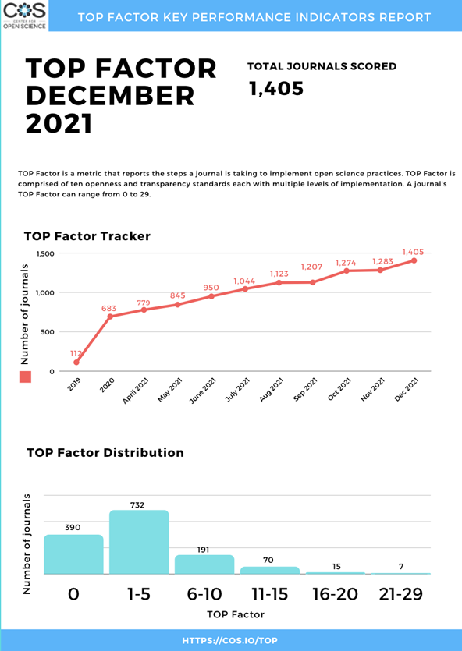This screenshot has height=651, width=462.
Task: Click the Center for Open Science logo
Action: pos(24,16)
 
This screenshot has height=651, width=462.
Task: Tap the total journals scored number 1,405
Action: pos(276,88)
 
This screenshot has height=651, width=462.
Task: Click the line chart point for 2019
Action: pos(76,363)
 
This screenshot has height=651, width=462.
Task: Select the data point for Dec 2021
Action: pos(414,260)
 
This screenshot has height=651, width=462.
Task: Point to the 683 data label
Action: pos(108,309)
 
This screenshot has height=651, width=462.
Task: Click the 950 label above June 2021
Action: pos(211,288)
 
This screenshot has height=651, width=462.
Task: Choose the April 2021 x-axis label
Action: pos(136,391)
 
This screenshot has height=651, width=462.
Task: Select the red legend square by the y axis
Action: pos(25,377)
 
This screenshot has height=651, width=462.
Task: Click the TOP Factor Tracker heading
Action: pos(87,236)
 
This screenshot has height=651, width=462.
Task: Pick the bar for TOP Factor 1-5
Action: pos(139,542)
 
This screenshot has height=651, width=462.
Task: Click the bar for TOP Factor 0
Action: pos(73,554)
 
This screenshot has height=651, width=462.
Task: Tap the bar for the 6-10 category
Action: pos(204,564)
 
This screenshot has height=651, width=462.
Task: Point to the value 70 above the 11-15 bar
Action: pos(268,561)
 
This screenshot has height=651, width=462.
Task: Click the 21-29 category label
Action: pos(401,594)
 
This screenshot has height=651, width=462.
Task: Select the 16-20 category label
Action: pos(336,594)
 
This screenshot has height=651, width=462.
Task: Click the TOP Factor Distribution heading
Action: pos(105,452)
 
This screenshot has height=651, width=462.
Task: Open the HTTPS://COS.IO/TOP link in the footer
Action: pos(229,641)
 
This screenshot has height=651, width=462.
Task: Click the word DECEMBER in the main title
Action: pos(111,95)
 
